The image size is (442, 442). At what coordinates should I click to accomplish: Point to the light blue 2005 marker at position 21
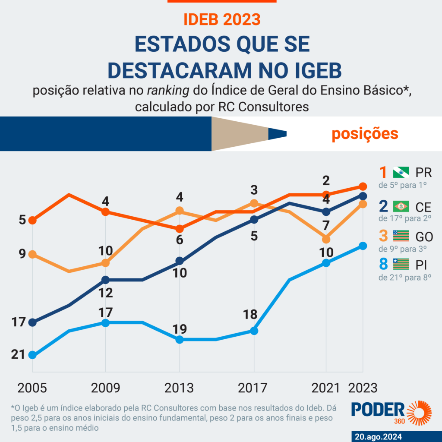tap(32, 355)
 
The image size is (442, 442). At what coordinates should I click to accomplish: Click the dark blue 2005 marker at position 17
tap(32, 322)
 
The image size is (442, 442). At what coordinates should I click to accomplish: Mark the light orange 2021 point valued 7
tap(326, 239)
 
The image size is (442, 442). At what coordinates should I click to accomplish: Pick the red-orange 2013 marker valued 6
tap(180, 229)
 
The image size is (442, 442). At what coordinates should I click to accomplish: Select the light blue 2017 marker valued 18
tap(254, 331)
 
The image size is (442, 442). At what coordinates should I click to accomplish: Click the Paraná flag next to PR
tap(401, 173)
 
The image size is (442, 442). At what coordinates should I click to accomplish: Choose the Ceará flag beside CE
tap(401, 206)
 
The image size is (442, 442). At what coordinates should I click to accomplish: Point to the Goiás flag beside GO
tap(401, 236)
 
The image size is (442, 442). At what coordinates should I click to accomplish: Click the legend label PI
tap(420, 264)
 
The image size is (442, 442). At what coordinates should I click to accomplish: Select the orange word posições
tap(365, 134)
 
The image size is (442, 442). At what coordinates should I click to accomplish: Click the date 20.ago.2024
tap(377, 435)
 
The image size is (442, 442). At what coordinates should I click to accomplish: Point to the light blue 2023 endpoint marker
tap(363, 246)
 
